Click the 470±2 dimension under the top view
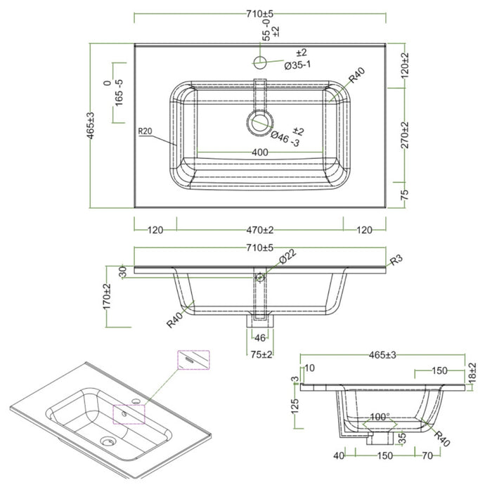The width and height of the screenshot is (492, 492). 259,230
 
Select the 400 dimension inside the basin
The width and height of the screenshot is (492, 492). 259,153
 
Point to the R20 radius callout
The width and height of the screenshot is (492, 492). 145,131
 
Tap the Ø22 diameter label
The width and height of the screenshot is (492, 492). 287,259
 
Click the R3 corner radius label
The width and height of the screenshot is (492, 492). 396,260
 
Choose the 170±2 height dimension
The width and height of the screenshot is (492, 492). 108,297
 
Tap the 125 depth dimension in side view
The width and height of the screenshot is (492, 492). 296,406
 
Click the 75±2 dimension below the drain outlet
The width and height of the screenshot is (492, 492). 262,354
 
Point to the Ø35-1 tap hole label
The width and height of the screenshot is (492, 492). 298,65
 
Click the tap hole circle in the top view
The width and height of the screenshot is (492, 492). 261,63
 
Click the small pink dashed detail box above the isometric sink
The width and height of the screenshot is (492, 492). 193,358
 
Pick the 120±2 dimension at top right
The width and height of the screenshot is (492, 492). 406,68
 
